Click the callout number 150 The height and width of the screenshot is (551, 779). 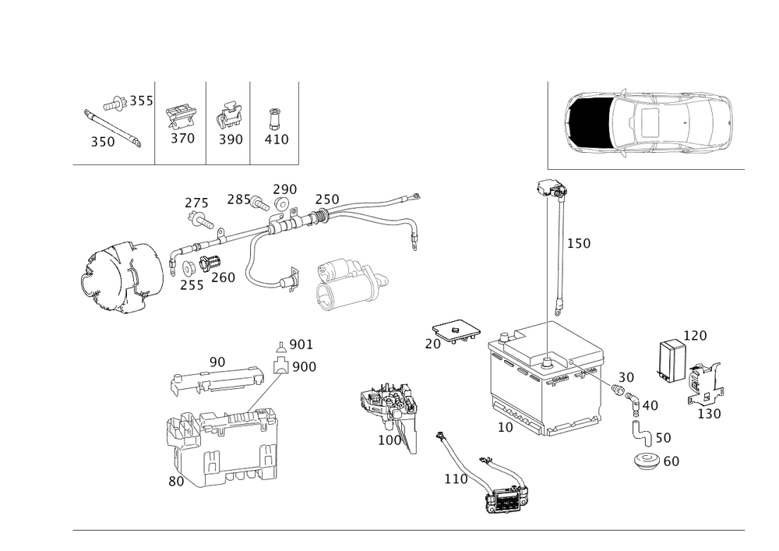coord(579,243)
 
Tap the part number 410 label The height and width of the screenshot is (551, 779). coord(277,140)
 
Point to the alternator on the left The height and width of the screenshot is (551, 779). coord(122,277)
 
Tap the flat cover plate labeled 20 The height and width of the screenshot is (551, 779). coord(456,330)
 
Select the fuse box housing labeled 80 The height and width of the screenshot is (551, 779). coord(221,446)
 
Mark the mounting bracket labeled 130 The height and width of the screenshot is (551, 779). coord(704,384)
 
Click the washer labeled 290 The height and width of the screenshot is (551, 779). coord(282,203)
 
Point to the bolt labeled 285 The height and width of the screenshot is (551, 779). coord(260,203)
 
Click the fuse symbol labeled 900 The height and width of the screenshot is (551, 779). coord(280,366)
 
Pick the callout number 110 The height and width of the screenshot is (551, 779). coord(456,479)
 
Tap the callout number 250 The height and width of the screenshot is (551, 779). coord(327,200)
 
